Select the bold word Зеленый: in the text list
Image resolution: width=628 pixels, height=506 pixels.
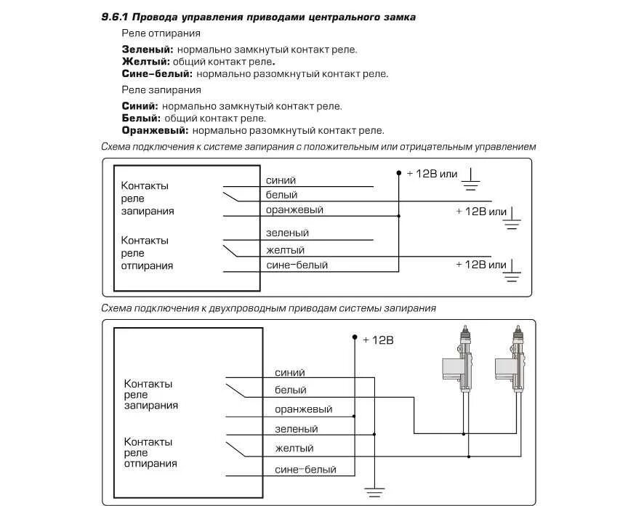[148, 49]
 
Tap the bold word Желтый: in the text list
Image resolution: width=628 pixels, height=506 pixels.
[145, 62]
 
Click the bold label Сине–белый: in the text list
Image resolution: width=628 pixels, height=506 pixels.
[157, 73]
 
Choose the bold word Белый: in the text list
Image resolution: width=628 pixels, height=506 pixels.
[141, 118]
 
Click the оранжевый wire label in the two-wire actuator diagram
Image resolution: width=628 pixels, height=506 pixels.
[303, 409]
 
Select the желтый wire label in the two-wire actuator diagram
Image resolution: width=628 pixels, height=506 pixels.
[294, 449]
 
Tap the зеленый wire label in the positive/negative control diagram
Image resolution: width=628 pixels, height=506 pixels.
[287, 233]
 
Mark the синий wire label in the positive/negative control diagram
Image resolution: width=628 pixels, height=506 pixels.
[281, 180]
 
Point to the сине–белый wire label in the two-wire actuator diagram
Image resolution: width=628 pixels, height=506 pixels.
[305, 470]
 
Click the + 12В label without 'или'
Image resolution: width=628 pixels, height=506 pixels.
[377, 340]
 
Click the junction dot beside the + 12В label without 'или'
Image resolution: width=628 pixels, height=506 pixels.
[355, 337]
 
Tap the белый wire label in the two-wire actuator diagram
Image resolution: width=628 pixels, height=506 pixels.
[290, 390]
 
